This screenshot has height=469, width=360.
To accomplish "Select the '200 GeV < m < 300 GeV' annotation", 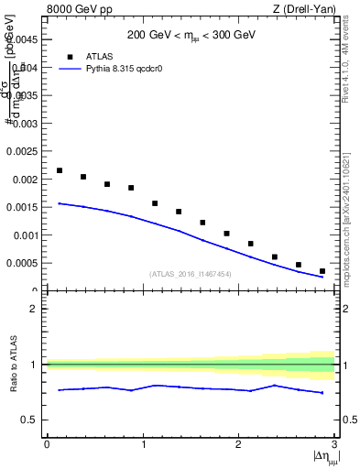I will pos(191,36).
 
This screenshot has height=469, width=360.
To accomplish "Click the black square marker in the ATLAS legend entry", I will pos(69,57).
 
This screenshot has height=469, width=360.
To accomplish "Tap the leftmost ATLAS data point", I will pos(60,170).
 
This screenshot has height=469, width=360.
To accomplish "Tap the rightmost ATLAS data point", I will pos(322,271).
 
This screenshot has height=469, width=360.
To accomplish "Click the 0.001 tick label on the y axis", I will pos(21,235).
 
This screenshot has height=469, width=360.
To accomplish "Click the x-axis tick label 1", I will pos(142,445).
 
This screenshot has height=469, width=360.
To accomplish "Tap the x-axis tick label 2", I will pos(238,445).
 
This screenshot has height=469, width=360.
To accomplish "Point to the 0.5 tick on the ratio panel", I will pos(29,420).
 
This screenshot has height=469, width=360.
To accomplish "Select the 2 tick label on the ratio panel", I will pos(33,309).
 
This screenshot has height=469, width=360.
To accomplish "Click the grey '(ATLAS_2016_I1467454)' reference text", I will pos(191,274).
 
